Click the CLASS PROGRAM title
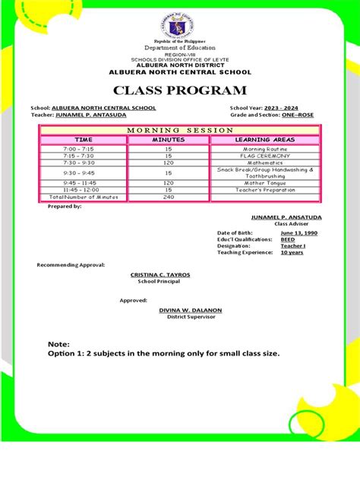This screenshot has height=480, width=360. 179,91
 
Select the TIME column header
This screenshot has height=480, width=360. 84,141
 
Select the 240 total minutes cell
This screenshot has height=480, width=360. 169,197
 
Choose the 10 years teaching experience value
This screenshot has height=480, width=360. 291,252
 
